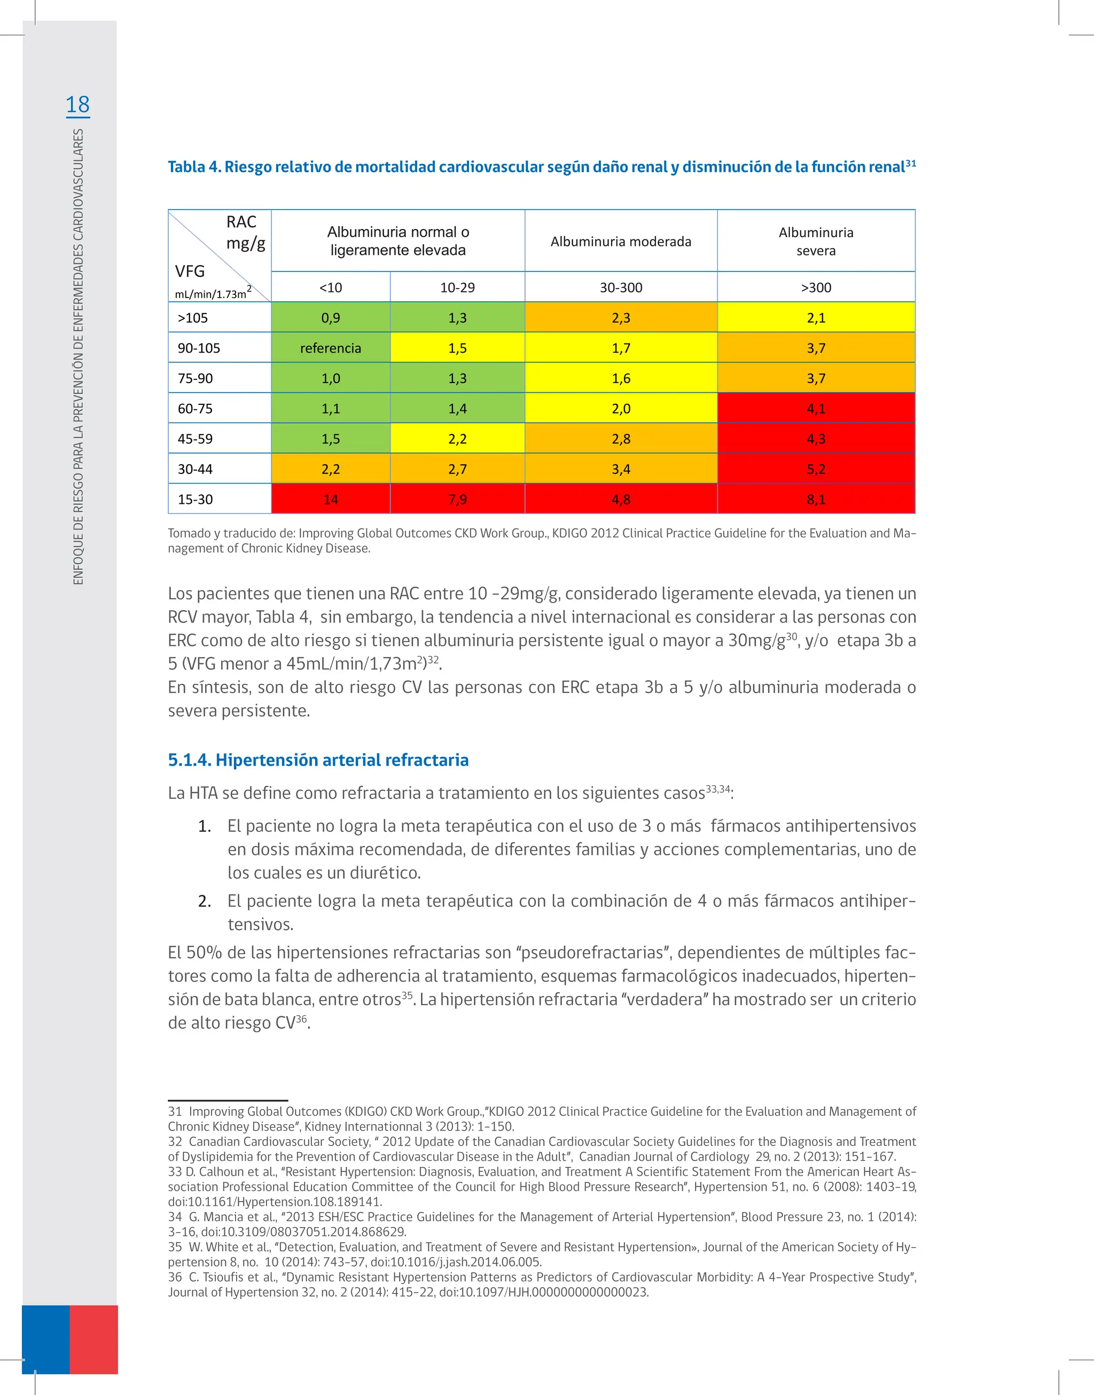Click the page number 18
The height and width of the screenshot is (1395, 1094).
77,104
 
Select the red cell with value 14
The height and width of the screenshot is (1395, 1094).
331,499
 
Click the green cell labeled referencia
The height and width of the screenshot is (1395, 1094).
331,348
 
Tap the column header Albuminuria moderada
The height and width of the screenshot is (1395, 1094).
621,241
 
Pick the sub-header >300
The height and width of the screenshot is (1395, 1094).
815,287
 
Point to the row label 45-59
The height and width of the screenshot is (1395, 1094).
196,439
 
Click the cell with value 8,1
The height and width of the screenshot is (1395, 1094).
815,499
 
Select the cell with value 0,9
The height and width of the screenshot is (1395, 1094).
331,318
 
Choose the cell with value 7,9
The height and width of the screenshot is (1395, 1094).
457,499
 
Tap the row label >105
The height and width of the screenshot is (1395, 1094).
193,318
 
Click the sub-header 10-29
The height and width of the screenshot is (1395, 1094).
457,287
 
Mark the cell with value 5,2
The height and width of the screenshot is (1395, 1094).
815,469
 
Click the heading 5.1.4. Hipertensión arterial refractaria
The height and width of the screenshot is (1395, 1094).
318,760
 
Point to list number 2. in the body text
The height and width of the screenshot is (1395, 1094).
205,901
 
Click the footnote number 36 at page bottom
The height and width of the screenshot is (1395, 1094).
175,1276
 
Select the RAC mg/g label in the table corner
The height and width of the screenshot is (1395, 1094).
245,232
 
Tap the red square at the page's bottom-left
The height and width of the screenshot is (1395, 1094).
93,1339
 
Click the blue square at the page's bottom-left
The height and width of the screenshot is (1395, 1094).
45,1339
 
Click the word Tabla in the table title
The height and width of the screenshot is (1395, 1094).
186,167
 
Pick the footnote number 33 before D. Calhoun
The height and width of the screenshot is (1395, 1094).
175,1172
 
